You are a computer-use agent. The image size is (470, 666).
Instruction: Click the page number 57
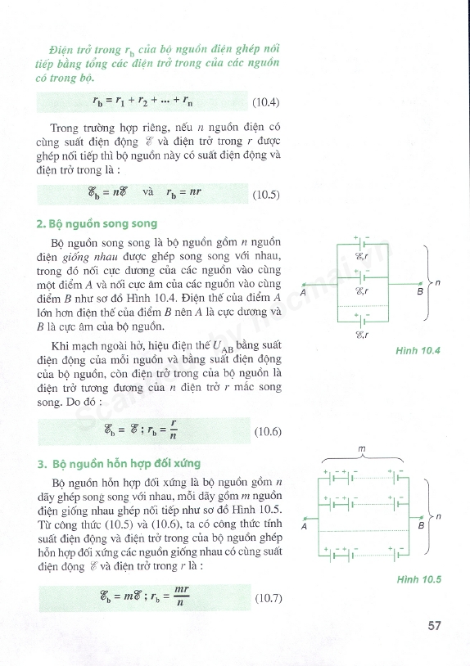click(434, 626)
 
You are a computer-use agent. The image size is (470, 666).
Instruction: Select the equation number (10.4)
click(266, 103)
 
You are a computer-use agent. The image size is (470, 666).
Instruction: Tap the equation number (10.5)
click(266, 195)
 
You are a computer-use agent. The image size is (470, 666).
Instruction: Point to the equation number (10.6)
click(268, 431)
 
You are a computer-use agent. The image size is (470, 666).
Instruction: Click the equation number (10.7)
click(268, 598)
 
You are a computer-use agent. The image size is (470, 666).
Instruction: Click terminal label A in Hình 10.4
click(304, 292)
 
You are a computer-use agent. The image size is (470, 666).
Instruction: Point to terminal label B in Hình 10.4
click(420, 292)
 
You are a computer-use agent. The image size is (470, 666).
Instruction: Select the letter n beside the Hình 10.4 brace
click(438, 283)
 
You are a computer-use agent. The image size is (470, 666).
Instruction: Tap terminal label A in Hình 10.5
click(304, 527)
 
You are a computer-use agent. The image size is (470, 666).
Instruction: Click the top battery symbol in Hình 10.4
click(361, 244)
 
